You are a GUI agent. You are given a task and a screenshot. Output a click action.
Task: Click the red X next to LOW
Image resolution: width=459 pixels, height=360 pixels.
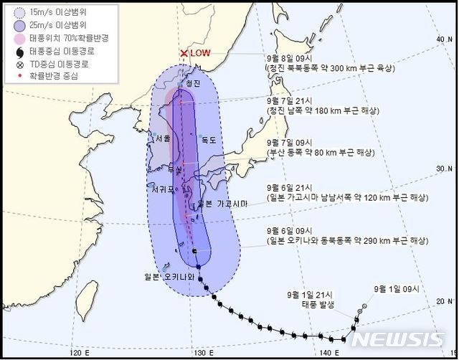(184, 54)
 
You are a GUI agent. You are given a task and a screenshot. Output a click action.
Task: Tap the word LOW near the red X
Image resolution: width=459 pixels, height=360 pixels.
(202, 54)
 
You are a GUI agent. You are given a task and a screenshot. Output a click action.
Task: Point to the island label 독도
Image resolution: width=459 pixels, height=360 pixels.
(208, 140)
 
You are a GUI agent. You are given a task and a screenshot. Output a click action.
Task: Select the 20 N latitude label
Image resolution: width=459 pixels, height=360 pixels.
(443, 301)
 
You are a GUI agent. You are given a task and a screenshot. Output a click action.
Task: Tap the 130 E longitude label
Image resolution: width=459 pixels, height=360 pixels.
(204, 351)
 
